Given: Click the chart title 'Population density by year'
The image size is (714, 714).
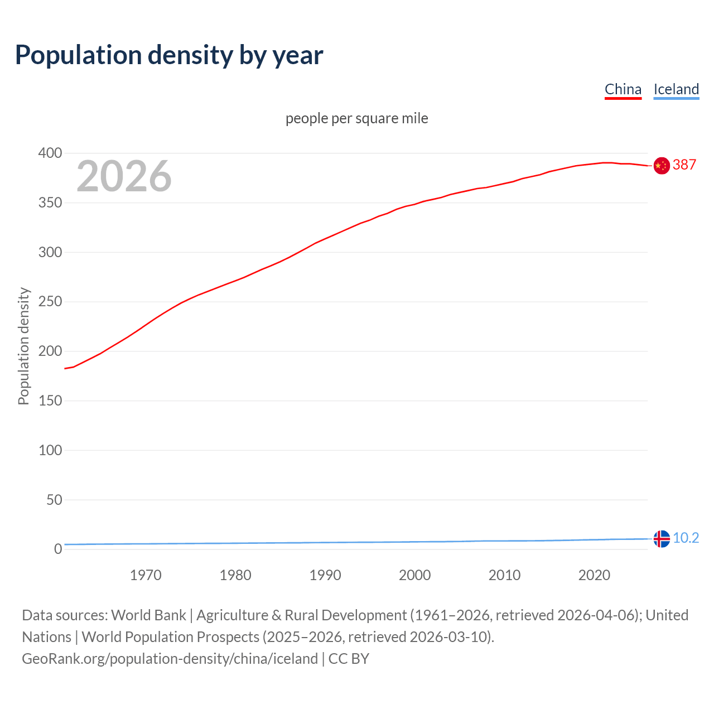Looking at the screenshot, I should [169, 55].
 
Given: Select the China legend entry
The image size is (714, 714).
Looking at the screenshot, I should [623, 89].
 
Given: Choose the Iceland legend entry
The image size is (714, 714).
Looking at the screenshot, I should [676, 89].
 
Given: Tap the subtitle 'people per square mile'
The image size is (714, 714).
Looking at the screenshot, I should [356, 118].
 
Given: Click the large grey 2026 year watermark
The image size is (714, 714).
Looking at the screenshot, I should [124, 176].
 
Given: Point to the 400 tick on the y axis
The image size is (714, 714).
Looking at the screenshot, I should [50, 153].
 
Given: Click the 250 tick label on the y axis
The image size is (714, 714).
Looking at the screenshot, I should [50, 302].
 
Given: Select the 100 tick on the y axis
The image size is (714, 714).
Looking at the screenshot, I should [50, 450].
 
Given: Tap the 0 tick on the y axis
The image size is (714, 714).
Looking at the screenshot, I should [58, 549].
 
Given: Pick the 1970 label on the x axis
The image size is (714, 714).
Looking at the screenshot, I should [146, 575].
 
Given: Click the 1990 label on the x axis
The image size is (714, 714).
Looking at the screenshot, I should [325, 575].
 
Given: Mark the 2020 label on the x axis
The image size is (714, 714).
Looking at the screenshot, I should [594, 575].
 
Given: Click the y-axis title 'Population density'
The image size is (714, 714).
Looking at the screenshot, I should [23, 346].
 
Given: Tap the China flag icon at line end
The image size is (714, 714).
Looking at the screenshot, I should [662, 166].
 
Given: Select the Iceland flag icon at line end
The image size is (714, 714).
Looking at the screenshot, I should [662, 539].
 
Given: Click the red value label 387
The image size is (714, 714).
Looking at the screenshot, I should [684, 165].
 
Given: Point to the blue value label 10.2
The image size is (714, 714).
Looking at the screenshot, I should [686, 538].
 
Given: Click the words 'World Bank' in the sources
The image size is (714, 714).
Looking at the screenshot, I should [148, 615].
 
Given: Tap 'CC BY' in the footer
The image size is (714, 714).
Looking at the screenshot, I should [349, 658].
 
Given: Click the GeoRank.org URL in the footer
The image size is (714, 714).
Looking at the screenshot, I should [170, 658].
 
